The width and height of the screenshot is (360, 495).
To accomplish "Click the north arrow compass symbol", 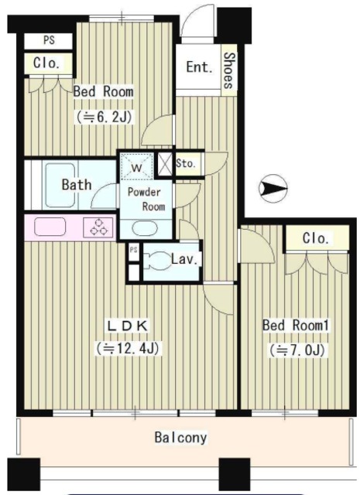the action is coord(273,189).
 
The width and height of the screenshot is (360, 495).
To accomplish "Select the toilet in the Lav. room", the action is coord(156,260).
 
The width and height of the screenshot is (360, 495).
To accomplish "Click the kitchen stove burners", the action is coord(98,227).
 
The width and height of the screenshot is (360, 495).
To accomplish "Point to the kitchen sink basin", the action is coord(50,227).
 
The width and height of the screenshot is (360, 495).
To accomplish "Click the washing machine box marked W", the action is coord(137,166).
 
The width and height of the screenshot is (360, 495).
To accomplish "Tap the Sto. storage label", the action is coord(186,163).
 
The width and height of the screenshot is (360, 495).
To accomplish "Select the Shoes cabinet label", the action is coord(229,70).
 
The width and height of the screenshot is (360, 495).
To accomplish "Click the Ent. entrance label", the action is coord(199,67).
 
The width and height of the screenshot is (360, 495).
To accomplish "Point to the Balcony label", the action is coord(181,438).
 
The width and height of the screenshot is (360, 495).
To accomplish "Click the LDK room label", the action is coord(128,326).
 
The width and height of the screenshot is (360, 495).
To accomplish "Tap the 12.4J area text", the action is coord(128,348).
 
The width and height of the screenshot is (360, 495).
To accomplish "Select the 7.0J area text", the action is coord(297,350).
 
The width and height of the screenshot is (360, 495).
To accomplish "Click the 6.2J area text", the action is coord(104,118).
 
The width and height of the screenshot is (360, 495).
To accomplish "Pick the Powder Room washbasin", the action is coord(145,228).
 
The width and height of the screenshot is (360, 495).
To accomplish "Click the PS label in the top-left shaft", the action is coord(49,40).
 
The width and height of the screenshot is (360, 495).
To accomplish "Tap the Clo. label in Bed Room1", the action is coord(316,238).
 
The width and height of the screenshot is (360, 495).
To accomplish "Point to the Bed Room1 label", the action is coord(296,325).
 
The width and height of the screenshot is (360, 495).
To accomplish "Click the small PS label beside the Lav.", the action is coord(134,250).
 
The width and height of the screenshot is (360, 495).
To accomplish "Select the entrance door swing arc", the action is coord(197,19).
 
